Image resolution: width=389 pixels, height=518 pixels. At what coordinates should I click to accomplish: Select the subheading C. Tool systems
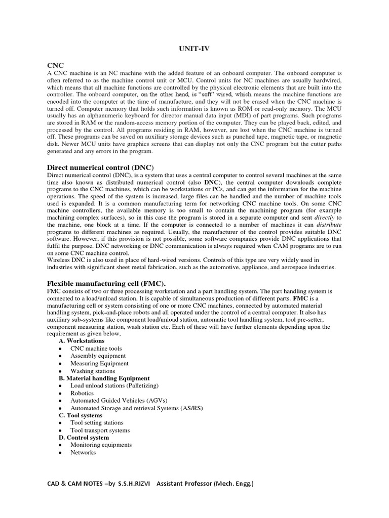coord(80,415)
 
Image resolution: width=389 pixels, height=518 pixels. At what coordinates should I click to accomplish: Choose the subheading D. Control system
coord(84,438)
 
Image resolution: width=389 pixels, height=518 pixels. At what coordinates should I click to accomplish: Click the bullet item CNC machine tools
coord(96,349)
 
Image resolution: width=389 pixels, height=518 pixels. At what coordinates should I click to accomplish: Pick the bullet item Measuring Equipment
coord(99,363)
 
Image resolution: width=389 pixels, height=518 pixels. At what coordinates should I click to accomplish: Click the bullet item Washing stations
coord(93,371)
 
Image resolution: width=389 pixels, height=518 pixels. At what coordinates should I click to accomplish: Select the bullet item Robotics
coord(82,393)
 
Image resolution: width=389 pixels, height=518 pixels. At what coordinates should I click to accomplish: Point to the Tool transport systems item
coord(100,430)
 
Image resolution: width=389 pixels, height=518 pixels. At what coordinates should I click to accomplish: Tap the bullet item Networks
coord(83,453)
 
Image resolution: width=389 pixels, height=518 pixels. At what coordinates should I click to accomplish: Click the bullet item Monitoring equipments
coord(101,445)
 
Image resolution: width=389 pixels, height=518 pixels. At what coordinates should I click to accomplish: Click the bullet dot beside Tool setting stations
coord(60,423)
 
